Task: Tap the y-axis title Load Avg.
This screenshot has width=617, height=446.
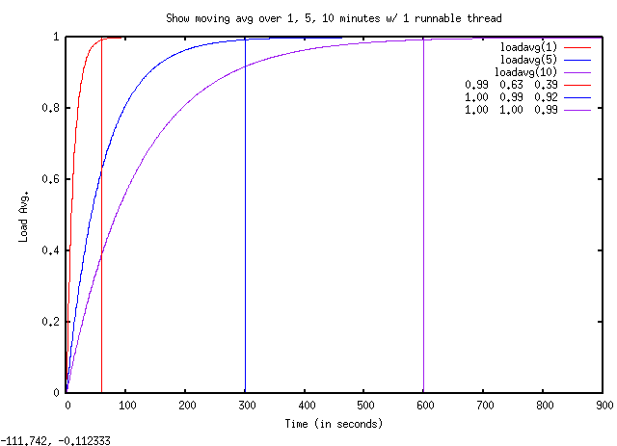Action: [23, 215]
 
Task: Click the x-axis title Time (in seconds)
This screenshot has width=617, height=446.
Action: [334, 424]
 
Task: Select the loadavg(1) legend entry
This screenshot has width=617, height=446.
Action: [529, 46]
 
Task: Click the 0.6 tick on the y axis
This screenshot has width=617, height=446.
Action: [53, 179]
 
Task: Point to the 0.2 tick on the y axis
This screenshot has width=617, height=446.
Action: [53, 322]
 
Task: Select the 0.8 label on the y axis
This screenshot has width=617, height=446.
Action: [53, 108]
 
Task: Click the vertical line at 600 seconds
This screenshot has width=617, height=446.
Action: [423, 241]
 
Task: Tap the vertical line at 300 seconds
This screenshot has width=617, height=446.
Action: [245, 241]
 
